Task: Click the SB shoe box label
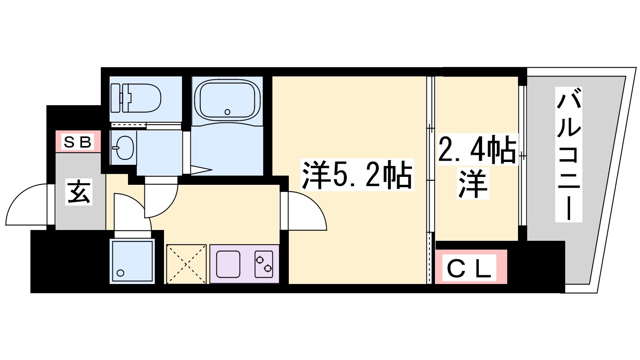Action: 78,142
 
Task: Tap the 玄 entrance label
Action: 79,192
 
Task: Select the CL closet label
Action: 469,268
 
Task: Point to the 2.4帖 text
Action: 477,150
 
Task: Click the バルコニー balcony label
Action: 568,155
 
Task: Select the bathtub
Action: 227,101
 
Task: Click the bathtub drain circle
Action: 228,112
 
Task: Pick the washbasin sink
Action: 124,148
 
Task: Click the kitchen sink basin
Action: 228,264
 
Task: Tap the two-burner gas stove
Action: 264,264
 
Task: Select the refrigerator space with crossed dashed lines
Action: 186,264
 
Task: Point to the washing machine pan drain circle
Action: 121,273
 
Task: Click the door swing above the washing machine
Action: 130,210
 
